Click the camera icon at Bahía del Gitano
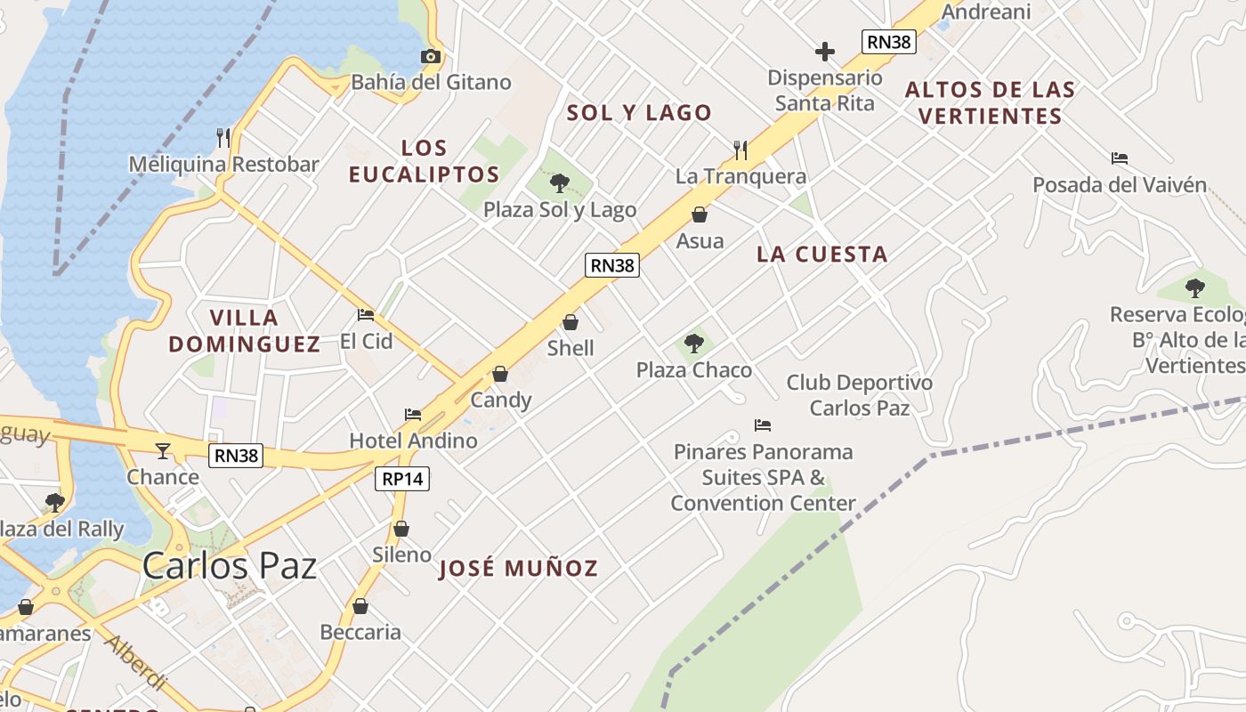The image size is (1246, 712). tap(431, 57)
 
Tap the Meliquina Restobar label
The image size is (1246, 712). tap(223, 164)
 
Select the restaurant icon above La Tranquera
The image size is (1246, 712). tap(740, 149)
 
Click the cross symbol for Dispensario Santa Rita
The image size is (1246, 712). tap(825, 52)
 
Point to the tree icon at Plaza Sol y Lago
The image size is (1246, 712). tap(559, 184)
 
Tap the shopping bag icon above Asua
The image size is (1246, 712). tap(700, 214)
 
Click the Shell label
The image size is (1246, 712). tap(570, 348)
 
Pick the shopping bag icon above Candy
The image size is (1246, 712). tap(500, 374)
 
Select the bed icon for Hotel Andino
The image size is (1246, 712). tap(413, 414)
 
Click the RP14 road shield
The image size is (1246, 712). tap(402, 479)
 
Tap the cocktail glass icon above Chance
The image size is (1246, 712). tap(163, 451)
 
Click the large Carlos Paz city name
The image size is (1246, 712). tap(230, 565)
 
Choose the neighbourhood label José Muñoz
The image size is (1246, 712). tap(519, 568)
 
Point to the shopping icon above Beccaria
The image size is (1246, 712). tap(360, 607)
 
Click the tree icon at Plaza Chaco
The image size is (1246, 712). tap(694, 344)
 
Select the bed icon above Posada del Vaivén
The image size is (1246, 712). tap(1120, 158)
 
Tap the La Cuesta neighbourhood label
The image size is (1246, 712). tap(822, 255)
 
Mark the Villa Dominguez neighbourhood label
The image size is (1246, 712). tap(245, 330)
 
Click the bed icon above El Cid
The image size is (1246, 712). tap(366, 314)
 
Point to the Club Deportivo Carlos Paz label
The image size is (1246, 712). tap(859, 395)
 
